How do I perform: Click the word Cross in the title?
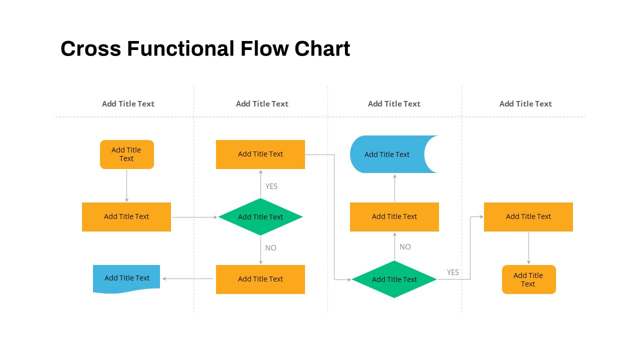(x=90, y=49)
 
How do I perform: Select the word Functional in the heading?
(x=180, y=49)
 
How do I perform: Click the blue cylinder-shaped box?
(x=387, y=154)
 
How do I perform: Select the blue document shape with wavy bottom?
(x=126, y=278)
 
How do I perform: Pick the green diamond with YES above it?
(x=260, y=217)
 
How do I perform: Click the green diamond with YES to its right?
(x=394, y=279)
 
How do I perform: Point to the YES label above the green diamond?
(x=271, y=186)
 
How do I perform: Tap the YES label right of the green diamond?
(x=452, y=272)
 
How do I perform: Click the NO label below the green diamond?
(x=270, y=248)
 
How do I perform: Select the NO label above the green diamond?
(x=405, y=247)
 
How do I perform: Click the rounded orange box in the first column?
(x=126, y=154)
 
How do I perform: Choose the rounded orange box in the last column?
(x=528, y=279)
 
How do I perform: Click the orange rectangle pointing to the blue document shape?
(x=260, y=279)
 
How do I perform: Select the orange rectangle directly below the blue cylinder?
(x=394, y=217)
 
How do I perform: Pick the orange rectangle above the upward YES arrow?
(x=260, y=154)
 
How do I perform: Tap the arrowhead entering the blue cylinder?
(x=394, y=176)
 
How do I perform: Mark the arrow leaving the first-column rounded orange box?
(x=126, y=185)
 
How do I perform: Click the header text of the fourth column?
(x=525, y=104)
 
